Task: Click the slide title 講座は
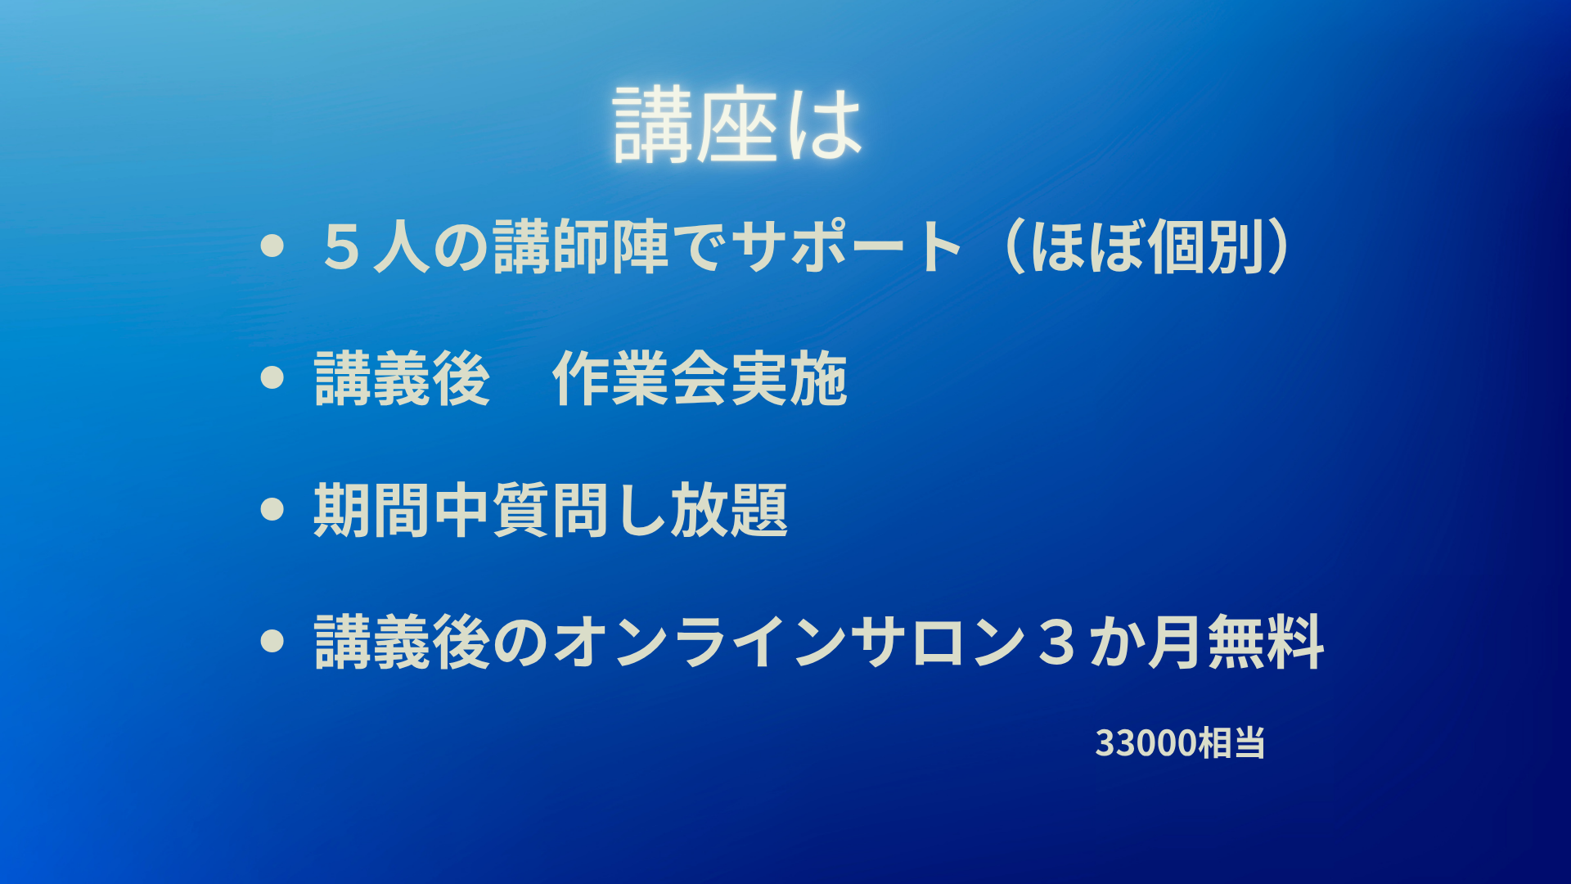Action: [738, 124]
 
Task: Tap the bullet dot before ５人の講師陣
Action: [272, 246]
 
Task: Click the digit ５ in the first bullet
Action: [343, 247]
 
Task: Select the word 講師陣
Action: [582, 247]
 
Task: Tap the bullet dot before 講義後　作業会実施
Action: [272, 377]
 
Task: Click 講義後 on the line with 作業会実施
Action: [402, 378]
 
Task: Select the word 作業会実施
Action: [700, 378]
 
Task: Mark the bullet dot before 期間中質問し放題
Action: [272, 509]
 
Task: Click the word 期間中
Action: [402, 510]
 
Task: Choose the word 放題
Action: [730, 510]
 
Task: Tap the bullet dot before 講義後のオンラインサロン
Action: [272, 641]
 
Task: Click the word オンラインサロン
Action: [790, 642]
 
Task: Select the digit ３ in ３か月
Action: [1056, 642]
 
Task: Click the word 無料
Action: [1265, 642]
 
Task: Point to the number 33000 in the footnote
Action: [1146, 743]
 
